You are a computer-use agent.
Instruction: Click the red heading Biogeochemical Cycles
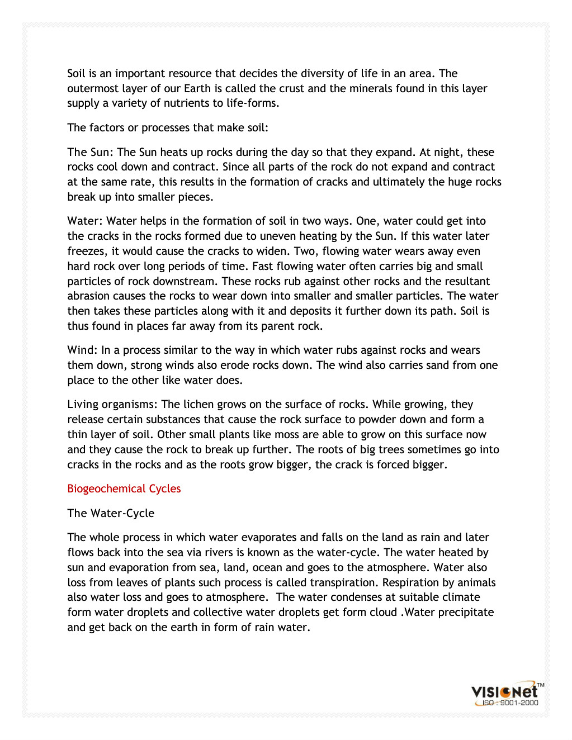[124, 488]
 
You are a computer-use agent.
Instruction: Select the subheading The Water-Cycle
[111, 513]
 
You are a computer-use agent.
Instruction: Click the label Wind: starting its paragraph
[82, 350]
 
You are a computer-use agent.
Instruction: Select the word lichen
[200, 404]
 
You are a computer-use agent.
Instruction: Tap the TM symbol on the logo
[540, 685]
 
